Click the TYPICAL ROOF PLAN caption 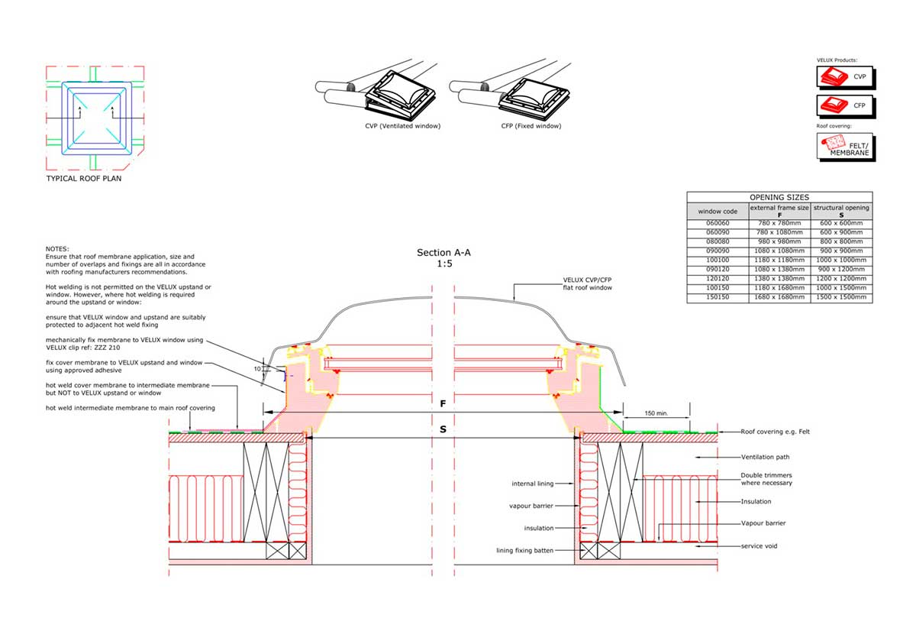click(x=84, y=179)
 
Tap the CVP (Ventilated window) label click(x=403, y=126)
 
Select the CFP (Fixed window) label click(x=531, y=126)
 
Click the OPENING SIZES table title click(x=779, y=197)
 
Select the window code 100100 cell click(x=718, y=261)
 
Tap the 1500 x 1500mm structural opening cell click(x=841, y=297)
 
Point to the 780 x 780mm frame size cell click(x=779, y=223)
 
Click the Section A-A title click(x=443, y=252)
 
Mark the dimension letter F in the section click(x=443, y=404)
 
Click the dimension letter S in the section click(x=443, y=429)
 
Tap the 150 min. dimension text click(x=656, y=413)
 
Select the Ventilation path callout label click(x=765, y=457)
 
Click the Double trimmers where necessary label click(x=766, y=479)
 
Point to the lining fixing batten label click(x=524, y=550)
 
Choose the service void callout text click(x=759, y=545)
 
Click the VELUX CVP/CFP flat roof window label click(x=587, y=283)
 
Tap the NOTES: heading click(x=57, y=249)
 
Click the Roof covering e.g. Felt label click(x=775, y=432)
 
